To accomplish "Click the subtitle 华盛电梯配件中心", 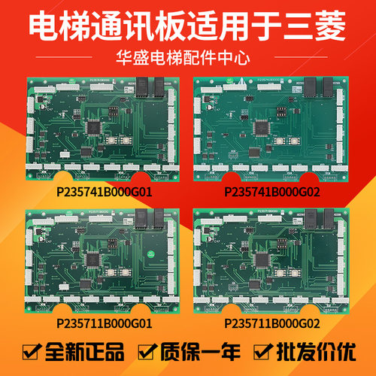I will pyautogui.click(x=187, y=56).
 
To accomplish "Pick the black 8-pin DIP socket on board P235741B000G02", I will pyautogui.click(x=275, y=111).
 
